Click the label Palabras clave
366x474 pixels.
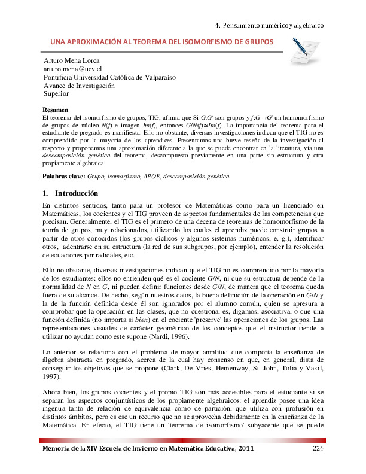pos(64,178)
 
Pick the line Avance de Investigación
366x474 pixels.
pos(79,86)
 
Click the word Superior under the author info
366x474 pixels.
pos(57,93)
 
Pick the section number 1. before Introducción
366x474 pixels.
pos(46,194)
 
